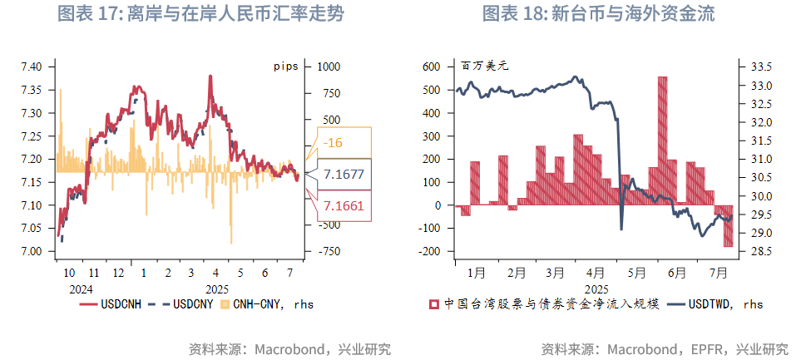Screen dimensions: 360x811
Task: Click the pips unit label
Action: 285,65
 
